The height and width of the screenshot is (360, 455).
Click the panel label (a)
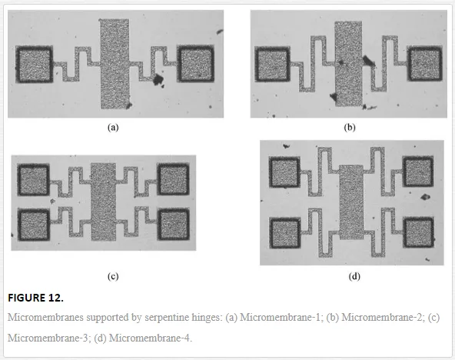113,127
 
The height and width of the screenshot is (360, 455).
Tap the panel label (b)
350,127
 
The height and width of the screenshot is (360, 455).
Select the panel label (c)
113,276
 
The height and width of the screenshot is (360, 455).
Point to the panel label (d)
354,276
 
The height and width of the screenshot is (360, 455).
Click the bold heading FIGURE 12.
35,298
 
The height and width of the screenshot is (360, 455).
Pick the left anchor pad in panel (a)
35,64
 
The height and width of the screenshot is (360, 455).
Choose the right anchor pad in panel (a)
195,64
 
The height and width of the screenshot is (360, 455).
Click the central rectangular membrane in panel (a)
115,64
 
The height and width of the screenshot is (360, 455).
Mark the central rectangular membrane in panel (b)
348,64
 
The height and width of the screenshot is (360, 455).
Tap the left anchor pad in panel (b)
272,64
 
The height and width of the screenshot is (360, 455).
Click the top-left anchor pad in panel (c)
33,179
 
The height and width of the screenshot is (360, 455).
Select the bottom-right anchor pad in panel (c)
174,224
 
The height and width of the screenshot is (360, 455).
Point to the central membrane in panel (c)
103,202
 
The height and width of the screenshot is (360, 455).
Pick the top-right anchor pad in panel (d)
418,172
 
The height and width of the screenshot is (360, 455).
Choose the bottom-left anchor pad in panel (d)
285,233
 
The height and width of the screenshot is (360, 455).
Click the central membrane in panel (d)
351,202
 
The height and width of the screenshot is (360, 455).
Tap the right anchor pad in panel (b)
425,63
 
